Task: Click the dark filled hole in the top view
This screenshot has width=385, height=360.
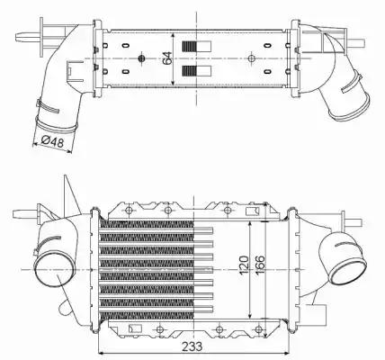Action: [x=142, y=59]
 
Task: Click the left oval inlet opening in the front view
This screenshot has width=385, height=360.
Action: [x=47, y=265]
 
